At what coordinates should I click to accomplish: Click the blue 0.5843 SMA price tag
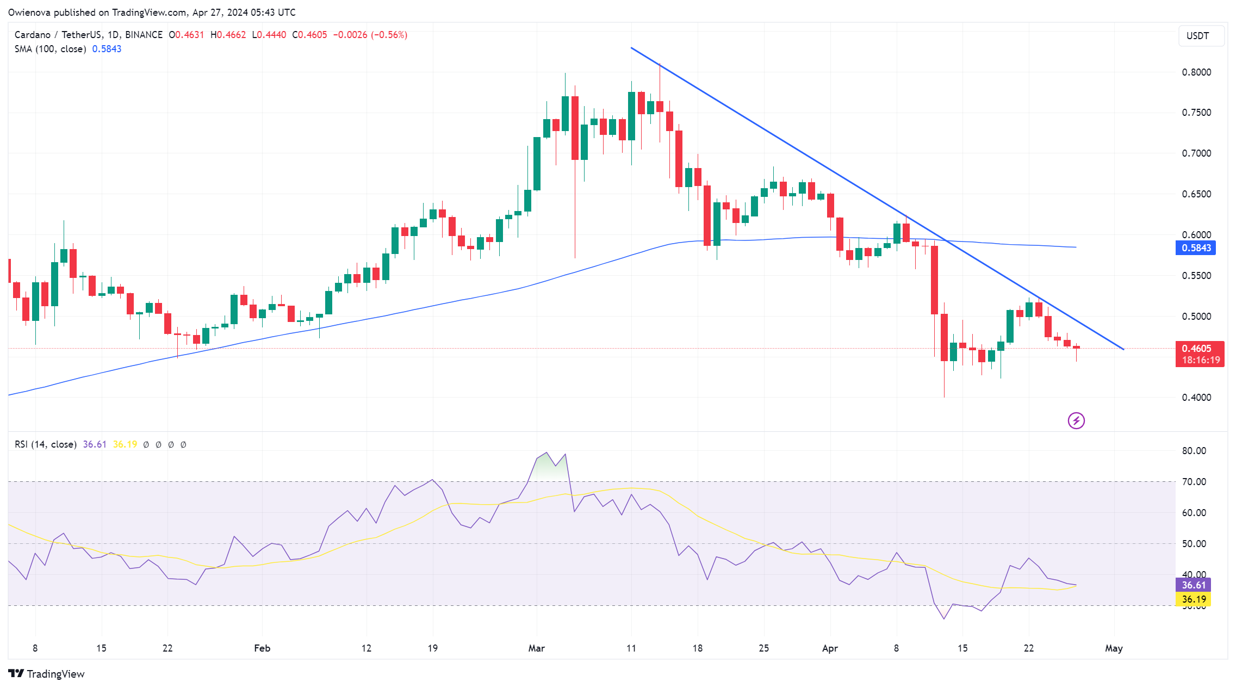(x=1196, y=248)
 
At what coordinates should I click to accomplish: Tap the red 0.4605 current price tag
(x=1199, y=354)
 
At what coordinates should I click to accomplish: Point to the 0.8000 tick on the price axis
(x=1196, y=72)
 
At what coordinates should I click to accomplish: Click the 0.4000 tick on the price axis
(x=1196, y=398)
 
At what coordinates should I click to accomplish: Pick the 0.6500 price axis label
(x=1196, y=194)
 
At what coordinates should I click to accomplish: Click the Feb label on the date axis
(x=262, y=648)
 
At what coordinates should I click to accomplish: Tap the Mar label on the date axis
(x=536, y=648)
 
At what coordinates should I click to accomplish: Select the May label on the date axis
(x=1114, y=648)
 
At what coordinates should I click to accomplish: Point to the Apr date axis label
(x=830, y=648)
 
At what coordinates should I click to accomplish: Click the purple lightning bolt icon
(x=1076, y=420)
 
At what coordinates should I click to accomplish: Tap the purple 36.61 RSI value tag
(x=1194, y=585)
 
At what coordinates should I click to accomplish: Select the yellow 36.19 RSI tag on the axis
(x=1194, y=599)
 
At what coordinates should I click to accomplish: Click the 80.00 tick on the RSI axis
(x=1194, y=451)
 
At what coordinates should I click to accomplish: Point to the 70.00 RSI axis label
(x=1194, y=482)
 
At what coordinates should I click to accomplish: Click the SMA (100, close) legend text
(x=50, y=49)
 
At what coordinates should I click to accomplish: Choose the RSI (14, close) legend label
(x=46, y=444)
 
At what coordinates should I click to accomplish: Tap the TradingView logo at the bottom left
(x=47, y=674)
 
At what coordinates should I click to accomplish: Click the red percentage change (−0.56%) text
(x=389, y=35)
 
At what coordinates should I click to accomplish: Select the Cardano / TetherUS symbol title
(x=58, y=35)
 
